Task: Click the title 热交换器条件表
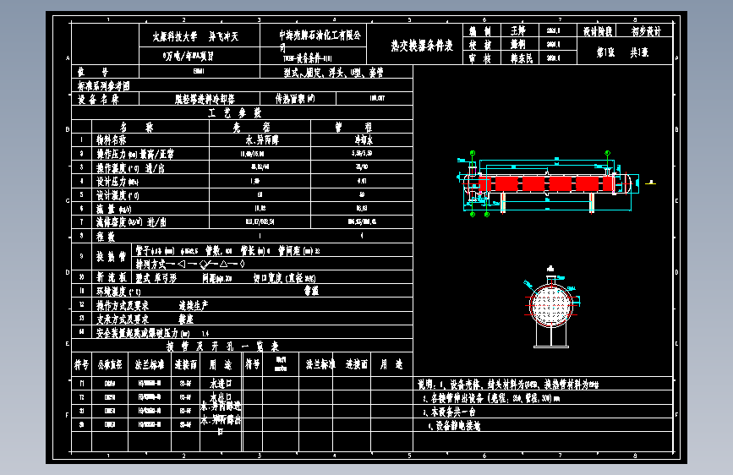pos(422,45)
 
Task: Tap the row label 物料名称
pos(112,139)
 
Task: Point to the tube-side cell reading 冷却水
pos(361,139)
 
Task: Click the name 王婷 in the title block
pos(518,30)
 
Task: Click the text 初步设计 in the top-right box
pos(647,30)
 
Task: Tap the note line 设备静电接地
pos(457,426)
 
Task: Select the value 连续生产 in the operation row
pos(193,304)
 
